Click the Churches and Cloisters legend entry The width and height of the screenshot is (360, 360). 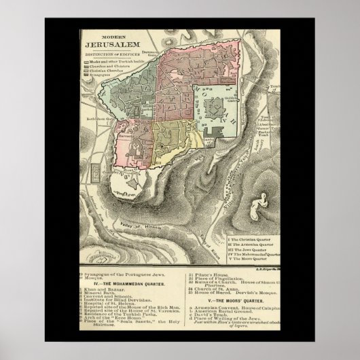click(111, 66)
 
